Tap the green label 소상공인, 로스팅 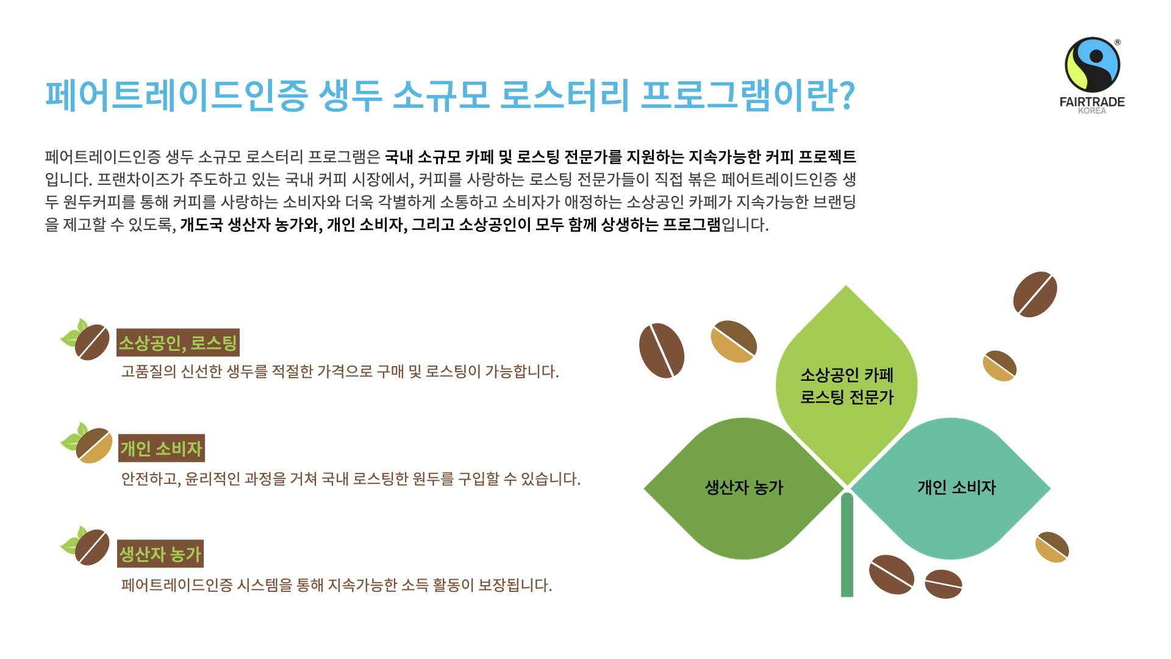click(x=177, y=343)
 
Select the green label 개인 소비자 click(x=161, y=448)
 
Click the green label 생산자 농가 click(x=160, y=554)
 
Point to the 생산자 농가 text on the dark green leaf click(x=743, y=488)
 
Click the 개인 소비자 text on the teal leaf click(x=956, y=488)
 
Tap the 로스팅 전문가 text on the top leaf click(x=847, y=397)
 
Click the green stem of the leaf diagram click(x=847, y=544)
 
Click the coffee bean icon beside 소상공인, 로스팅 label click(x=92, y=342)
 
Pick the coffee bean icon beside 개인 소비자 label click(x=94, y=445)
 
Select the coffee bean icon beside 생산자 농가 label click(x=92, y=547)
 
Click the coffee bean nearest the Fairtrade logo click(x=1035, y=295)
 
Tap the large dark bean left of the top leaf click(x=662, y=351)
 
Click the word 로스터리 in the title click(x=564, y=95)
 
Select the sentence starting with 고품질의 click(x=340, y=372)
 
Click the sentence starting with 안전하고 click(x=351, y=479)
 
